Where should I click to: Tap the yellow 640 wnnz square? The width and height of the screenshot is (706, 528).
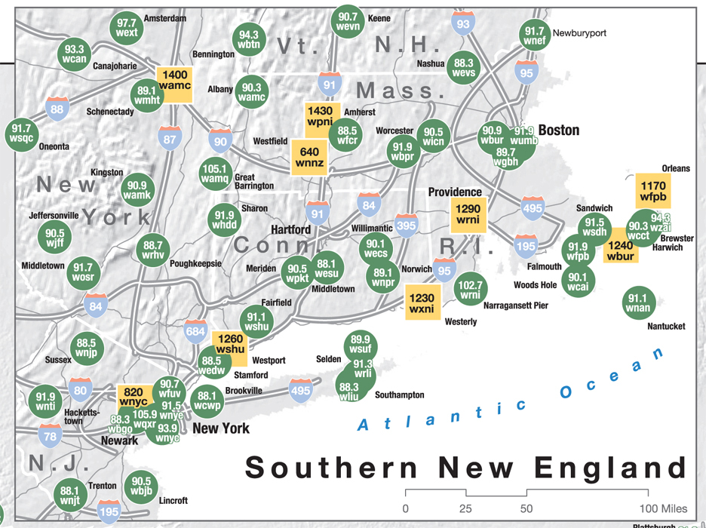click(x=310, y=157)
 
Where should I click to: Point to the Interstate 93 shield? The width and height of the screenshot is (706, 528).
click(x=463, y=25)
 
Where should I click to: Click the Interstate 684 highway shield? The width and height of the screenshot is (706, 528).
click(x=195, y=331)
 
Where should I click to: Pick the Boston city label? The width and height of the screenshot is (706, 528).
click(x=558, y=130)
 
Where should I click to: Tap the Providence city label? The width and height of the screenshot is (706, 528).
click(x=455, y=192)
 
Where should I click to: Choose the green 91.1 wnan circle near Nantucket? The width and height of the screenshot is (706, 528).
click(x=637, y=302)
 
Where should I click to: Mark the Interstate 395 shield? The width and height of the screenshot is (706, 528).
click(x=407, y=226)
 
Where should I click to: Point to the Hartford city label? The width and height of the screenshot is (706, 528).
click(x=291, y=229)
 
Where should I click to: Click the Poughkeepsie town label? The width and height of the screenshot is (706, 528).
click(x=196, y=263)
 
